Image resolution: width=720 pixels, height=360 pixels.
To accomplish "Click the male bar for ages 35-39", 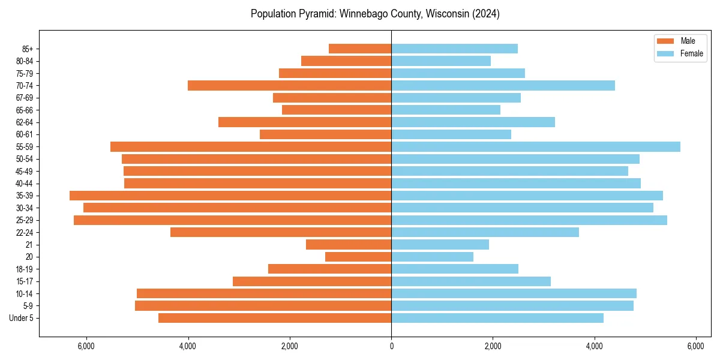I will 230,196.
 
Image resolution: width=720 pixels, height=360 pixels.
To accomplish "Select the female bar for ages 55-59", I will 536,146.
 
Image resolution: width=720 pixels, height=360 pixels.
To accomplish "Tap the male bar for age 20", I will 358,257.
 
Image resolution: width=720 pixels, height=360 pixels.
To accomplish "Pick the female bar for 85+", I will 454,49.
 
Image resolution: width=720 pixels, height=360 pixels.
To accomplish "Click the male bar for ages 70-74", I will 289,85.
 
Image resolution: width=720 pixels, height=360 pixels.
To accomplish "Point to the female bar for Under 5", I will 497,318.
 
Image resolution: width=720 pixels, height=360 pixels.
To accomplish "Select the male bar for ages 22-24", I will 281,232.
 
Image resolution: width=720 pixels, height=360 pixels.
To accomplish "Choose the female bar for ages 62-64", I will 473,122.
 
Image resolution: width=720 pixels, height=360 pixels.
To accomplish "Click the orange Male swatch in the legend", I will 666,41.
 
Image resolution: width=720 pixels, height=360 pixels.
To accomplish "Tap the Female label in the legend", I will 692,53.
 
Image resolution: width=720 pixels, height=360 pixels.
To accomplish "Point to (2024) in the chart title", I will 485,14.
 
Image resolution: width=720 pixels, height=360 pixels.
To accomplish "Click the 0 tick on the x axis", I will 391,346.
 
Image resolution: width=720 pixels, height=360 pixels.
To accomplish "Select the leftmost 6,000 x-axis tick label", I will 86,346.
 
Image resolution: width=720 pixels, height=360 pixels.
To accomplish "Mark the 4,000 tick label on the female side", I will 594,346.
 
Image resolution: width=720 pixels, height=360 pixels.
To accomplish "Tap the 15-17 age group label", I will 25,281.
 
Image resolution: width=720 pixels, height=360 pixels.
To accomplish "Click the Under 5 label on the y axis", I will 22,318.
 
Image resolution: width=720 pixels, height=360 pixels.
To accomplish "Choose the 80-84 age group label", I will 25,61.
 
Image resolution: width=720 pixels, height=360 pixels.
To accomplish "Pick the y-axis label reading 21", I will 29,245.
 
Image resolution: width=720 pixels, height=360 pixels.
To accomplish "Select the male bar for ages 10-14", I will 264,293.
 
